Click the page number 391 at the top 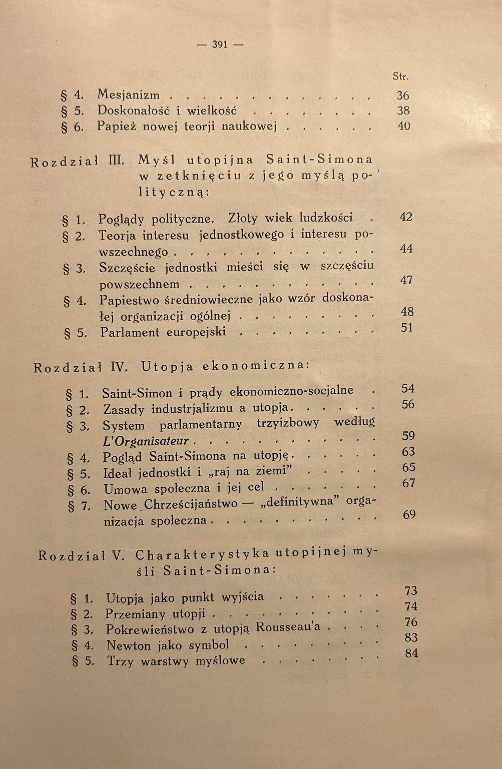pos(220,45)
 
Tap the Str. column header pos(401,77)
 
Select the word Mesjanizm pos(129,95)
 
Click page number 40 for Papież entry pos(404,126)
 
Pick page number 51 pos(407,328)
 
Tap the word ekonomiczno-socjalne pos(291,391)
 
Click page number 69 pos(409,514)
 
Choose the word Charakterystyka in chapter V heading pos(203,555)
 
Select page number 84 pos(411,653)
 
